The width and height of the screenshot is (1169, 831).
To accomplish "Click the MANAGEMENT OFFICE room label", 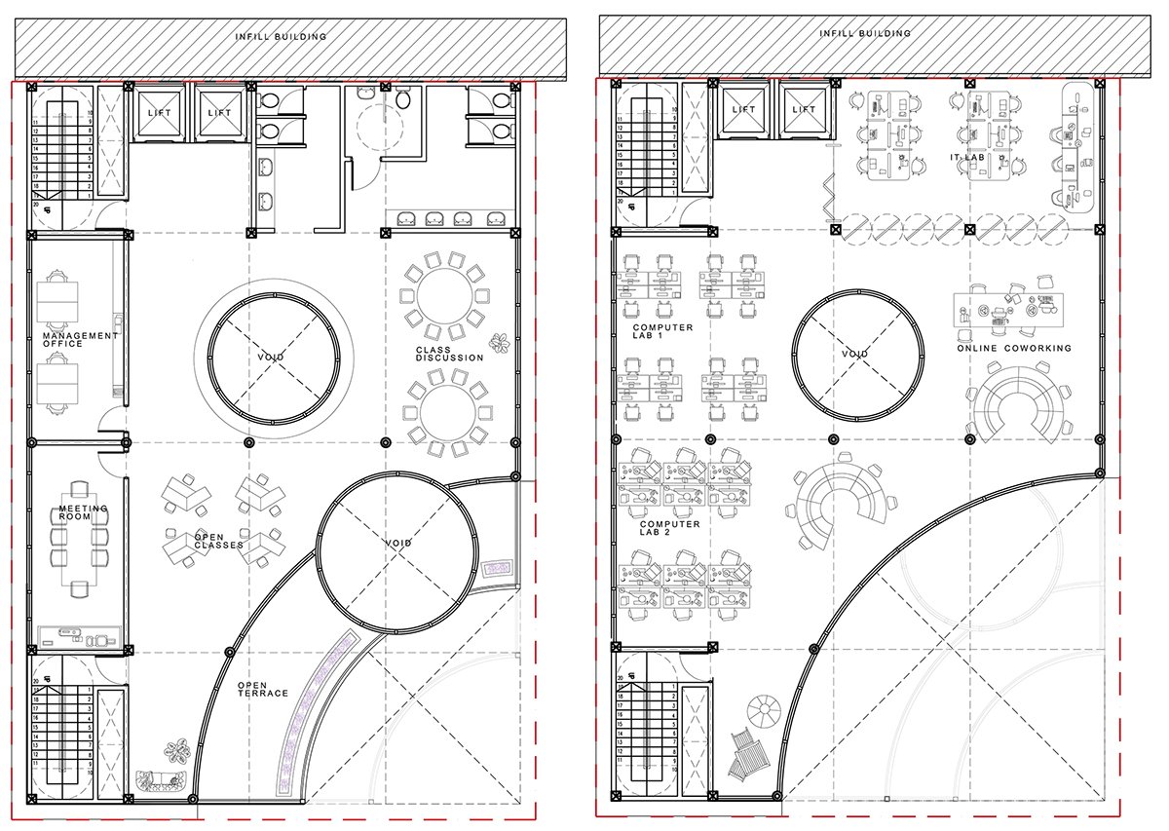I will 79,339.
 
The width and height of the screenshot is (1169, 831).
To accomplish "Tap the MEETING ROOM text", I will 83,513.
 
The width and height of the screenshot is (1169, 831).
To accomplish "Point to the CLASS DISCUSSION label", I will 449,354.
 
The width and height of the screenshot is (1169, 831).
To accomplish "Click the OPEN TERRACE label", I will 263,689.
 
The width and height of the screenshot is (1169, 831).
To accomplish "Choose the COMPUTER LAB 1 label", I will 662,332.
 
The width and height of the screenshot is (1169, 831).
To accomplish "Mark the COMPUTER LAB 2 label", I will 669,529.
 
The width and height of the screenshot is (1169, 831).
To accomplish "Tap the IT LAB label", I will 970,157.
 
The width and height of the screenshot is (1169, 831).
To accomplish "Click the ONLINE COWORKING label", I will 1013,348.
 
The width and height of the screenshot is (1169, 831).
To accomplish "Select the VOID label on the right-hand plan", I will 854,354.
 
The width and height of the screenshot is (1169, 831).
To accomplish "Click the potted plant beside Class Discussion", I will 500,342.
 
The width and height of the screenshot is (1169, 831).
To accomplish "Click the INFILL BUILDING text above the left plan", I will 281,37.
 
